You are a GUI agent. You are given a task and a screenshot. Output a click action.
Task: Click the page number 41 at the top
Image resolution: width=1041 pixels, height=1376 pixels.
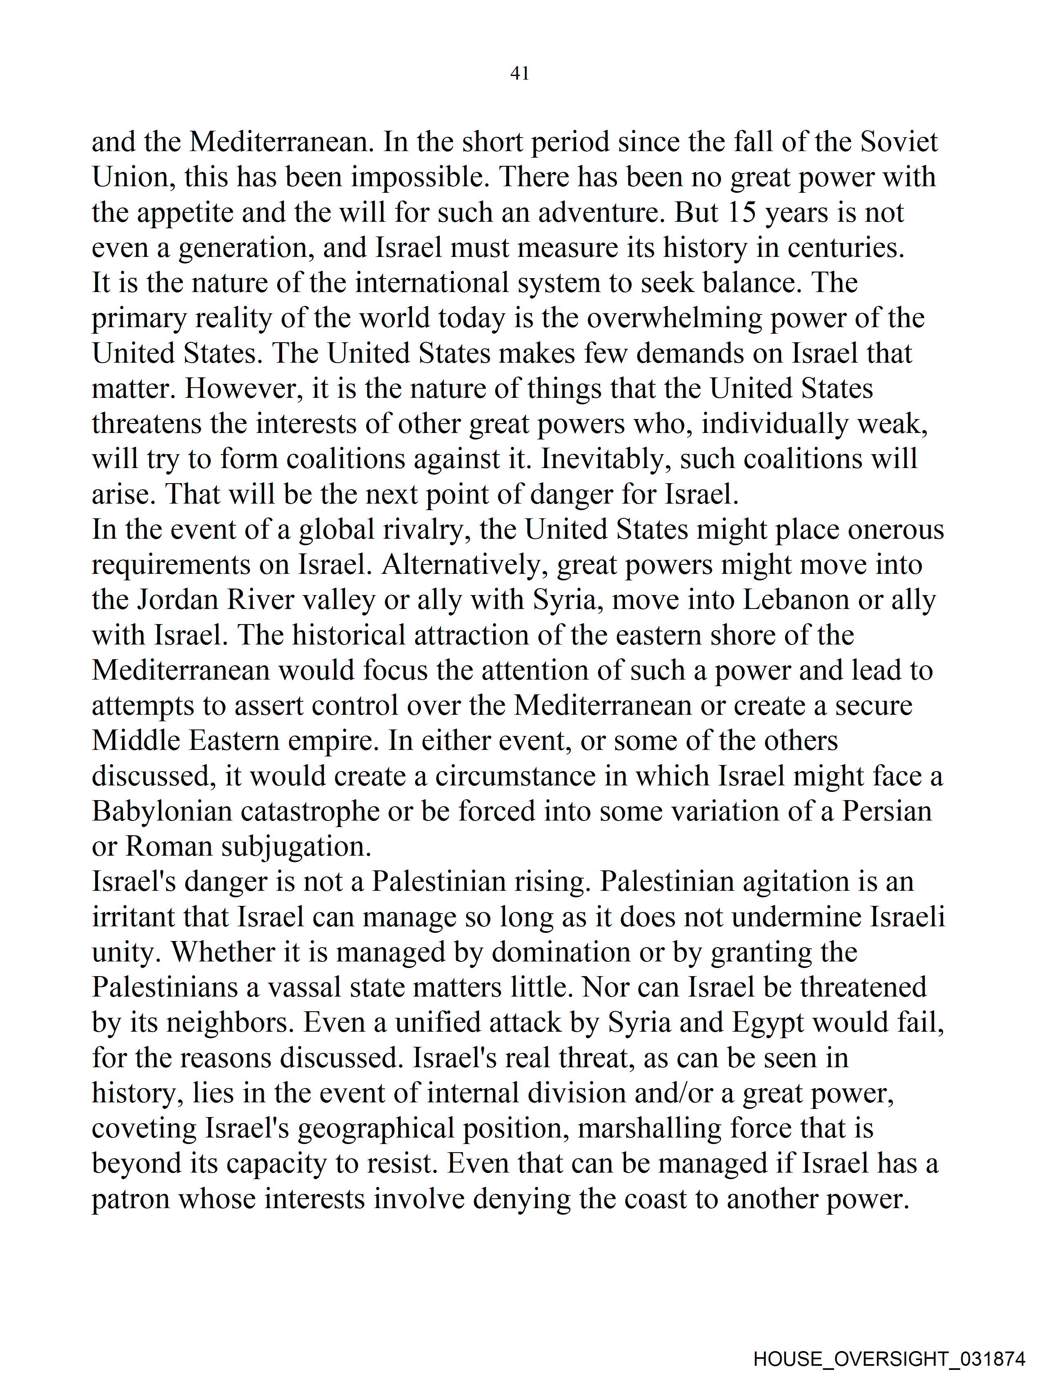pyautogui.click(x=519, y=74)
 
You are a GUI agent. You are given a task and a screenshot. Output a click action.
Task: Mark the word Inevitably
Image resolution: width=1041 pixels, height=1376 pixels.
pyautogui.click(x=606, y=459)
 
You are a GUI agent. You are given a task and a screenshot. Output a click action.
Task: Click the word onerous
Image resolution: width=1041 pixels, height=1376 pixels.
pyautogui.click(x=896, y=530)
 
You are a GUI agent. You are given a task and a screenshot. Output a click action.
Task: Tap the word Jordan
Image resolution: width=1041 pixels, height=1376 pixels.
pyautogui.click(x=177, y=600)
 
